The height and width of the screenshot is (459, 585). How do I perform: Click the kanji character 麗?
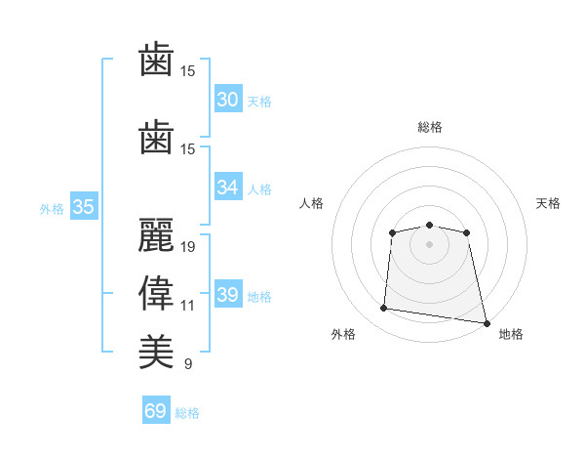tap(156, 235)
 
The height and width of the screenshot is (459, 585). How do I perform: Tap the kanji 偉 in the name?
tap(156, 293)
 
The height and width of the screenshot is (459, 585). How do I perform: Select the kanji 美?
tap(156, 352)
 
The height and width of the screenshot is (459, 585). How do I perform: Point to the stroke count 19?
tap(187, 247)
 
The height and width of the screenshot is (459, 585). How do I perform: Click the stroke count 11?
tap(187, 306)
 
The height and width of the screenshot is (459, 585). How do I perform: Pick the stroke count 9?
tap(188, 363)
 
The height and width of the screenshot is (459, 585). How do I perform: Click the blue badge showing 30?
tap(228, 99)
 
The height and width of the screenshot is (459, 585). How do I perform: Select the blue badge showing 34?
tap(228, 187)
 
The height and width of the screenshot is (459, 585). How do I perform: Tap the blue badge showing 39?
tap(228, 293)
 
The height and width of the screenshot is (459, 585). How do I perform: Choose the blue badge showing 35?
tap(84, 206)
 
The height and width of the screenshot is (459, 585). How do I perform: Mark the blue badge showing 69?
tap(156, 409)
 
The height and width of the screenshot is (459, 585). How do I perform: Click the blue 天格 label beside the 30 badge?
tap(259, 102)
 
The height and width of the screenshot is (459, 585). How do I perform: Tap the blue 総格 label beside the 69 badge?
tap(187, 413)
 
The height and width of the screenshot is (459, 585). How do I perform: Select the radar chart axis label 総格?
tap(430, 127)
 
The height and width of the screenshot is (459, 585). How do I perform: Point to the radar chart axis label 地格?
tap(511, 334)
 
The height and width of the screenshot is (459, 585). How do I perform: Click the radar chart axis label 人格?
tap(311, 203)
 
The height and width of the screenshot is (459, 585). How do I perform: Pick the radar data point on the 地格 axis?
tap(487, 323)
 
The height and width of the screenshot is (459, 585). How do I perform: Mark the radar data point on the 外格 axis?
tap(383, 308)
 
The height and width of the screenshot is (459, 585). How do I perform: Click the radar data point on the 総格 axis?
tap(429, 225)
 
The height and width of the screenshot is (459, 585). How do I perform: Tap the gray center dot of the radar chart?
tap(429, 244)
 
